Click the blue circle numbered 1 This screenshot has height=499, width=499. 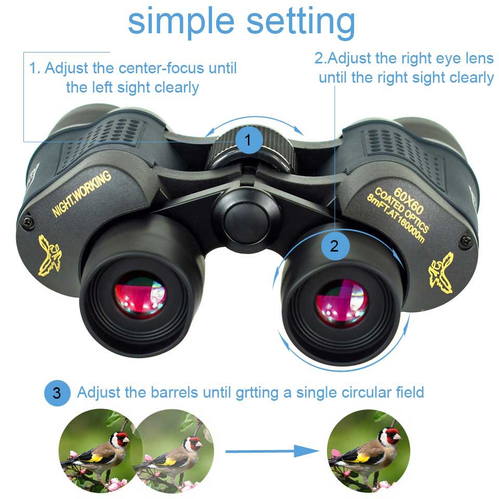pyautogui.click(x=249, y=140)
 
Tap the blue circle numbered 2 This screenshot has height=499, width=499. pyautogui.click(x=335, y=246)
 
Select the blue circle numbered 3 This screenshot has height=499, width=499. pyautogui.click(x=57, y=393)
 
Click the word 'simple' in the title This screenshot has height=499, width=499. pyautogui.click(x=181, y=22)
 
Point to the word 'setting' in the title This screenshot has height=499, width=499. pyautogui.click(x=300, y=22)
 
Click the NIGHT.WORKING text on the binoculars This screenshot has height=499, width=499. pyautogui.click(x=82, y=193)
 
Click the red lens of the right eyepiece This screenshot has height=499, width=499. pyautogui.click(x=341, y=303)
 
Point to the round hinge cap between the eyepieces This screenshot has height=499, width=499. pyautogui.click(x=245, y=219)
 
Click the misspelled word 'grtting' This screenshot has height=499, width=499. pyautogui.click(x=257, y=393)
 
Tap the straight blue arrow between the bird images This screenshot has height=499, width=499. pyautogui.click(x=272, y=451)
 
